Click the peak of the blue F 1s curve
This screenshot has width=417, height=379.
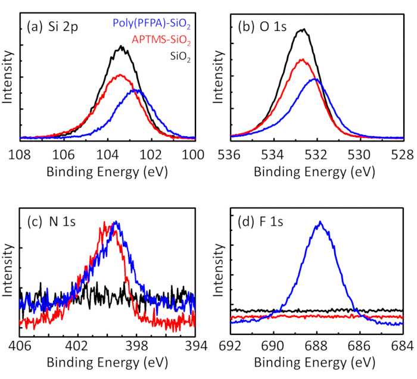click(320, 222)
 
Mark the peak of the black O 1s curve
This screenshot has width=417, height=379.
click(303, 29)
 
